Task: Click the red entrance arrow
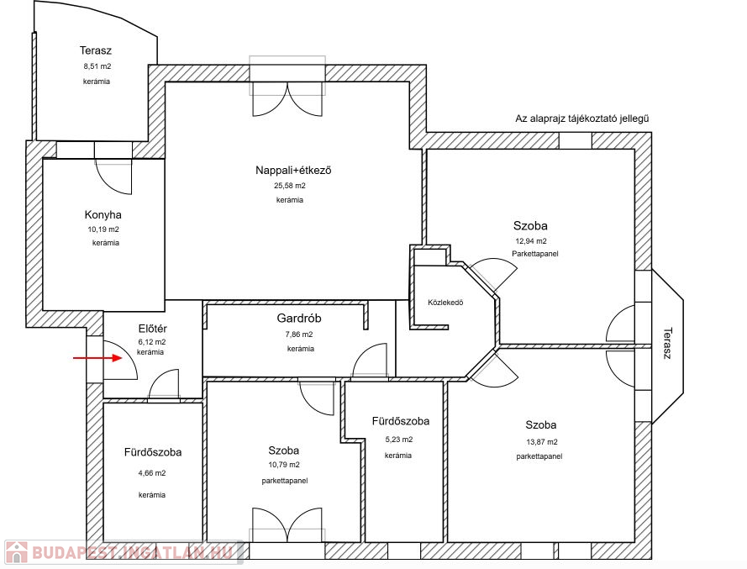point(97,357)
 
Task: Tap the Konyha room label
point(103,215)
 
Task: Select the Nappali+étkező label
point(293,170)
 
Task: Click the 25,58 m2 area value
point(290,186)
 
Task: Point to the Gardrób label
point(299,318)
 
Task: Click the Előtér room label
point(152,329)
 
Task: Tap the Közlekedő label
point(445,303)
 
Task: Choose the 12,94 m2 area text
point(531,241)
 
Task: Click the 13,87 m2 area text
point(542,442)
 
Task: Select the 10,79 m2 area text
point(284,465)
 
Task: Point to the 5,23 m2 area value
point(399,440)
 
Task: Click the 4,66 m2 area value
point(152,473)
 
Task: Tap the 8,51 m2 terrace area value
point(97,66)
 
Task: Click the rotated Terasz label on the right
point(667,343)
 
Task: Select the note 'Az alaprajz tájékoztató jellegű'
point(582,119)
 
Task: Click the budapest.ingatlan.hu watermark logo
point(124,552)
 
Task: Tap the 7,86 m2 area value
point(299,335)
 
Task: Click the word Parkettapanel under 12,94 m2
point(535,254)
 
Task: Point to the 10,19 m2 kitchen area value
point(103,229)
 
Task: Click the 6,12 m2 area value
point(152,342)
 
